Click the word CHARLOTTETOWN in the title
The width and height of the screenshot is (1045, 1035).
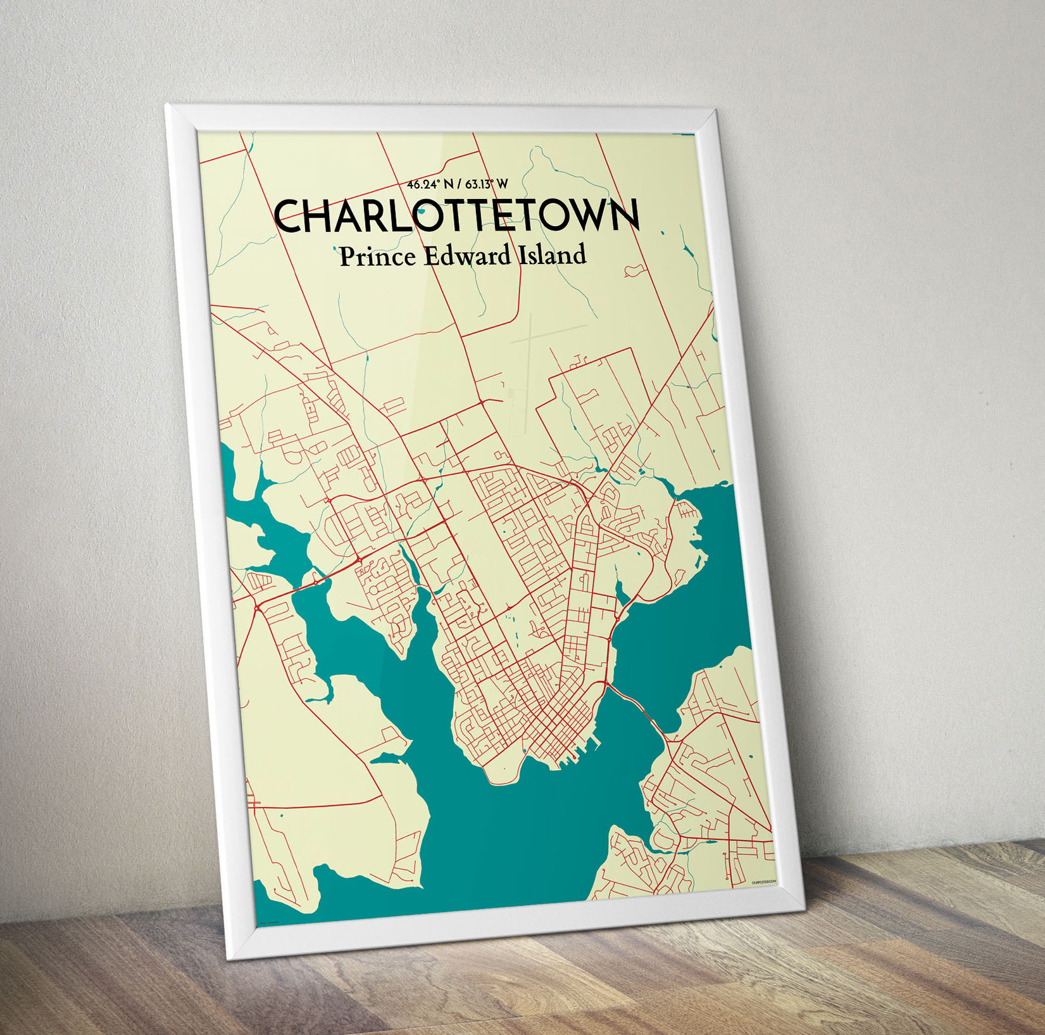(x=456, y=216)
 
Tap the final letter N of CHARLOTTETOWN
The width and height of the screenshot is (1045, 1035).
(x=624, y=215)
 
